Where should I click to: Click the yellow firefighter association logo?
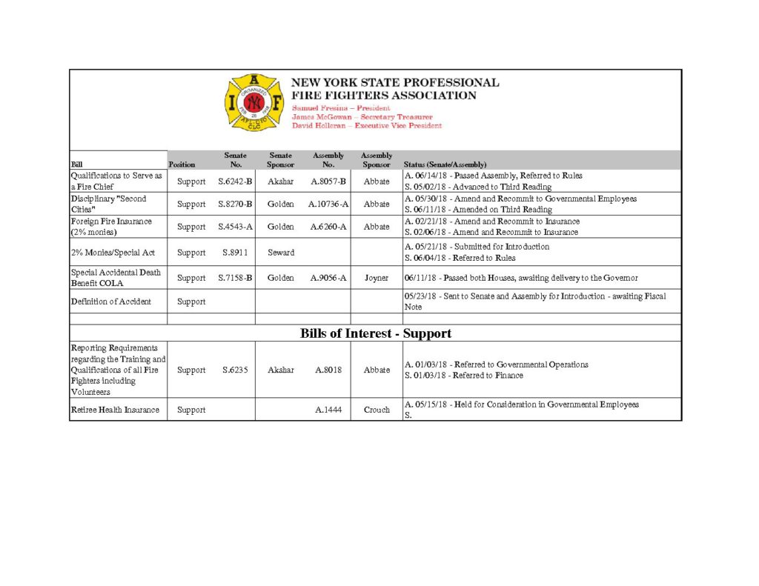coord(253,102)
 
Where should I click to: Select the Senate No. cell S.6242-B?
coord(236,182)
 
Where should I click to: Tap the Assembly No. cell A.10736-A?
coord(328,204)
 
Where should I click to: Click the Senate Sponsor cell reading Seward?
coord(280,253)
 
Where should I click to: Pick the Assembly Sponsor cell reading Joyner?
coord(377,278)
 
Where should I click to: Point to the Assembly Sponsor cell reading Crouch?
coord(377,410)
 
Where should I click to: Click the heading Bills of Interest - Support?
coord(375,333)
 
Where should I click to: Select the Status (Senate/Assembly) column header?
coord(445,164)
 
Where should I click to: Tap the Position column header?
coord(182,164)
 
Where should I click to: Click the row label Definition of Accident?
coord(110,302)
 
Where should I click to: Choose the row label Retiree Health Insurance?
coord(115,410)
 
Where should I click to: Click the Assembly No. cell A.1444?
coord(328,410)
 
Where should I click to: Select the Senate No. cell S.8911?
coord(236,253)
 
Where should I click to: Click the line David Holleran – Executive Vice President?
coord(366,126)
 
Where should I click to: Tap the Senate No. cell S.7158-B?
coord(236,278)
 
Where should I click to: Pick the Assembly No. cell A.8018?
coord(328,370)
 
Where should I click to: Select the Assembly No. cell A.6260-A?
coord(328,227)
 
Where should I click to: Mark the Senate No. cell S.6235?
coord(236,370)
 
